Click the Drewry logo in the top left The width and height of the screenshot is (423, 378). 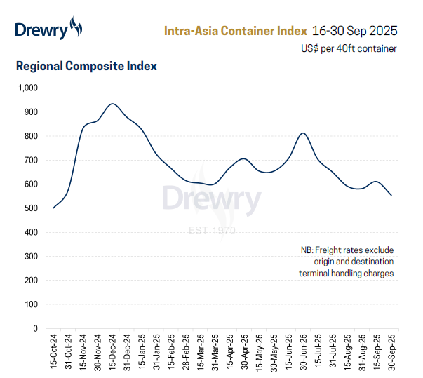[48, 29]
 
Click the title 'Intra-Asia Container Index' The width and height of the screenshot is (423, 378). [235, 31]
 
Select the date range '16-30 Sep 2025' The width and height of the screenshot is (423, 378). [355, 31]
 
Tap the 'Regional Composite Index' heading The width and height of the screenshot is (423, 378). [86, 67]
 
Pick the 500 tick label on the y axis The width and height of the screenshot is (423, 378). [31, 208]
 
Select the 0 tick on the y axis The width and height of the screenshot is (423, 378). [36, 328]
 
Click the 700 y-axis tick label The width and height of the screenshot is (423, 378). [31, 161]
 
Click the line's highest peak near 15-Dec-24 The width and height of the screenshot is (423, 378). [112, 104]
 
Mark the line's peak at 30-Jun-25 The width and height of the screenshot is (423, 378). [302, 133]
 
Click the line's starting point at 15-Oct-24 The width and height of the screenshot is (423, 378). [53, 208]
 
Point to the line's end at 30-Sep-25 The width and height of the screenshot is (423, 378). [391, 195]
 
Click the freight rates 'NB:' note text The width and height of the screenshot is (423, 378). [347, 262]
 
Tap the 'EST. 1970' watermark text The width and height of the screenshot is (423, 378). [211, 231]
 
